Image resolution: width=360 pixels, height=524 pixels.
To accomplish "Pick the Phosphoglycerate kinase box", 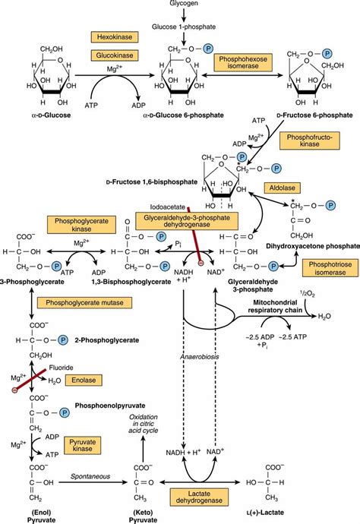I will click(73, 226).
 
